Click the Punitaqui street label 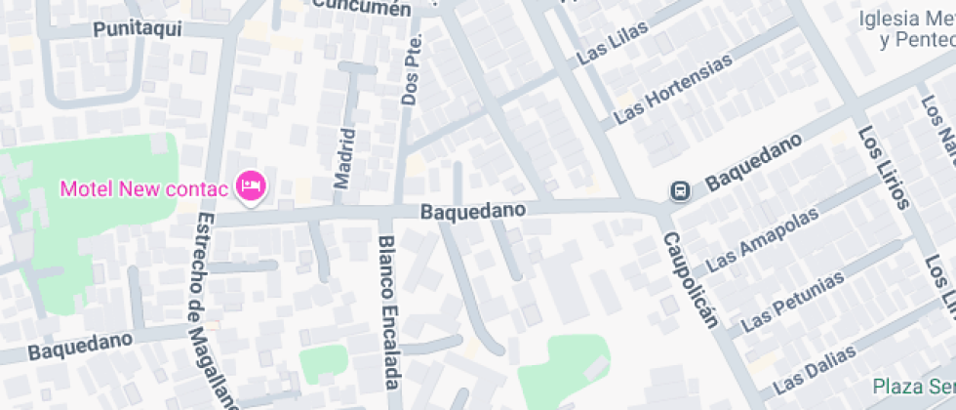click(139, 29)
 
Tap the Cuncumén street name click(362, 8)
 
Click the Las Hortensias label click(672, 91)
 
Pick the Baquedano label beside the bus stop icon click(753, 162)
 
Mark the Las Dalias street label click(820, 361)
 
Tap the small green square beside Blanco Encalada click(324, 363)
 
